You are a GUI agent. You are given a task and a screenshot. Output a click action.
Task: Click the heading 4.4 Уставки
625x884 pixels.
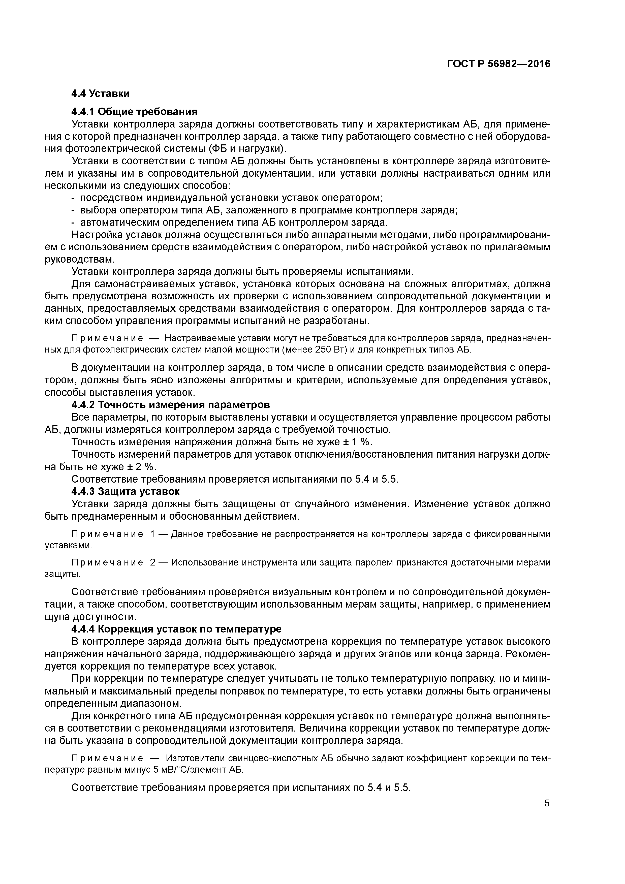[100, 93]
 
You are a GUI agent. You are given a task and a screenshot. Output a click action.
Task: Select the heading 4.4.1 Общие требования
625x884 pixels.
[134, 112]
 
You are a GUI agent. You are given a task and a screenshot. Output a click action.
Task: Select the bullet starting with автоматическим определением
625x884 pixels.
[234, 223]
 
